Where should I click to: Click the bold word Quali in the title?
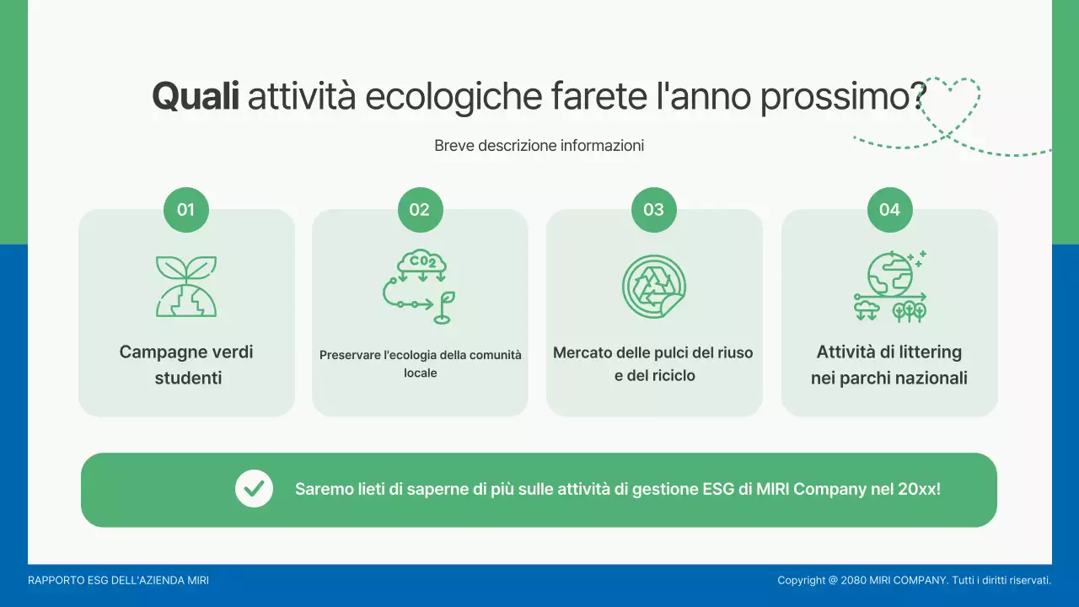[196, 97]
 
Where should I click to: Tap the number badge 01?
[186, 210]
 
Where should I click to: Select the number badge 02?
[420, 210]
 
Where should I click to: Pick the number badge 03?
[654, 210]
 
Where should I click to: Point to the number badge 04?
[889, 210]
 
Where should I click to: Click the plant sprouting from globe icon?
[186, 287]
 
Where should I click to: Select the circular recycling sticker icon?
[654, 287]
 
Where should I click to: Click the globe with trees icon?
[889, 287]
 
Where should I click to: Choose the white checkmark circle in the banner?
[254, 489]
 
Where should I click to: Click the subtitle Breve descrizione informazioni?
[539, 146]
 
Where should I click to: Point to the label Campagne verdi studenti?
[187, 365]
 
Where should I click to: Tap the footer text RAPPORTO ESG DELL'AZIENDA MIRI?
[118, 580]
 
